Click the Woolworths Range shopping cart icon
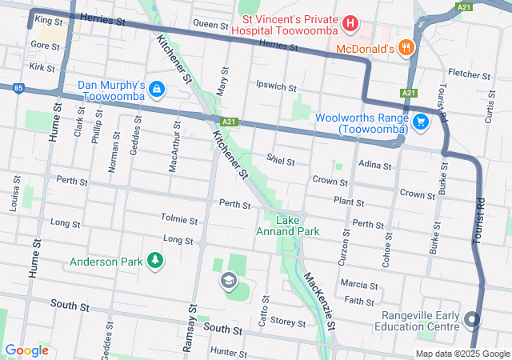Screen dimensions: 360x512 pos(422,122)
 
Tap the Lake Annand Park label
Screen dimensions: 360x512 pos(287,226)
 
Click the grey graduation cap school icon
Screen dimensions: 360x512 pos(228,281)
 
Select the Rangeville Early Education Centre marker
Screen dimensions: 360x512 pos(471,321)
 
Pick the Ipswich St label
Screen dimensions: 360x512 pos(276,86)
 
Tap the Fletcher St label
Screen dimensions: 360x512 pos(463,73)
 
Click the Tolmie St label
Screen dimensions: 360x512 pos(178,219)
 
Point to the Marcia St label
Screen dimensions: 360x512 pos(358,285)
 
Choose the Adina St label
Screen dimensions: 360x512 pos(375,166)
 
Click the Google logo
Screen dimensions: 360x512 pos(26,350)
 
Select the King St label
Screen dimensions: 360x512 pos(48,19)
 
